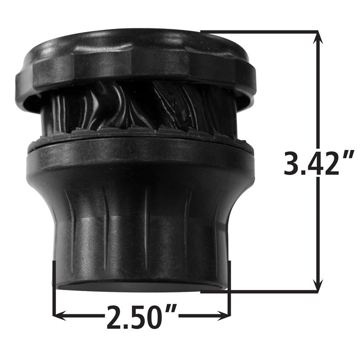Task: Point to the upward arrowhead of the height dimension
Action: pos(319,37)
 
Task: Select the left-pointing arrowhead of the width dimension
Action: pos(60,316)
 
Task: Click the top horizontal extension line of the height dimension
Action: pos(259,32)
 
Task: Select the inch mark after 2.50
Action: pos(170,310)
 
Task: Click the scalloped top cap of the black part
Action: pos(135,58)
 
